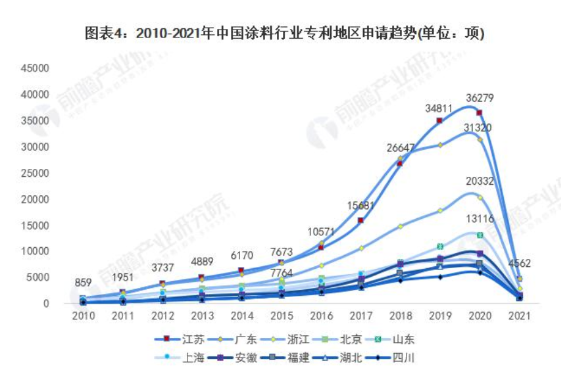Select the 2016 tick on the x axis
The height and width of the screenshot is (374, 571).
point(320,316)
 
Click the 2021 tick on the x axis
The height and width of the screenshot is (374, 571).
point(520,316)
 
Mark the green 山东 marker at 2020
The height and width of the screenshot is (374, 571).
point(480,235)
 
